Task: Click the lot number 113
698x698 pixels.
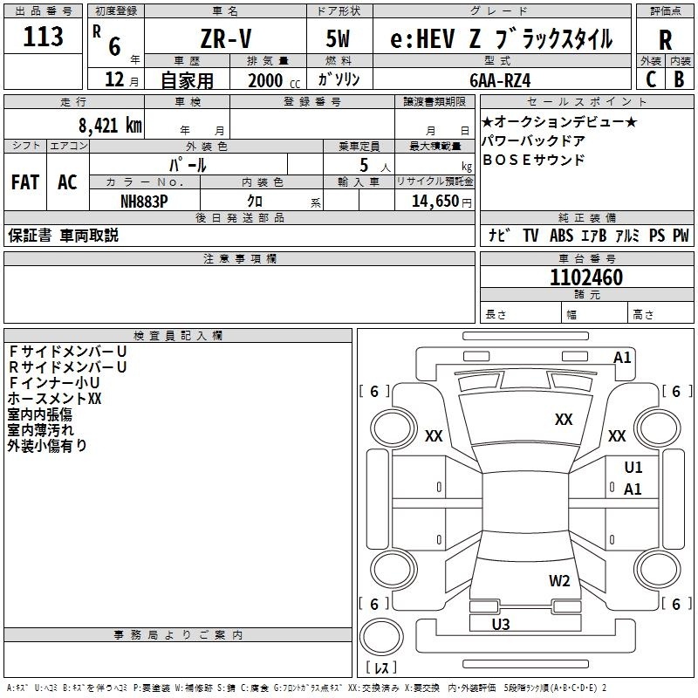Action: click(x=44, y=38)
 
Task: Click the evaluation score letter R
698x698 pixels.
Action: click(x=666, y=41)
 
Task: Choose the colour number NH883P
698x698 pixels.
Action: click(x=144, y=200)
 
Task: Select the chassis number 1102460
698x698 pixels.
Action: click(x=586, y=278)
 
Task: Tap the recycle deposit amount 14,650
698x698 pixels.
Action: click(x=433, y=201)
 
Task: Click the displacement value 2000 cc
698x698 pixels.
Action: click(x=268, y=80)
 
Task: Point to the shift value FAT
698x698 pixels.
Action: click(x=25, y=182)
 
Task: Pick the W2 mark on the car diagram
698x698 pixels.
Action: click(x=559, y=581)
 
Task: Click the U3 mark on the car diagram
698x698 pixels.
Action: click(x=501, y=624)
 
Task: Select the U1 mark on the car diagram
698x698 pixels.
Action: click(x=633, y=468)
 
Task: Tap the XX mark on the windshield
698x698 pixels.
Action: click(x=564, y=420)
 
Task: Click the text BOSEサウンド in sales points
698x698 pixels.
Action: click(x=533, y=161)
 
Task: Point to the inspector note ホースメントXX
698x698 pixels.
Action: click(x=55, y=398)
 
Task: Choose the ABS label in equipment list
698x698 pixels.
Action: click(x=561, y=236)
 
